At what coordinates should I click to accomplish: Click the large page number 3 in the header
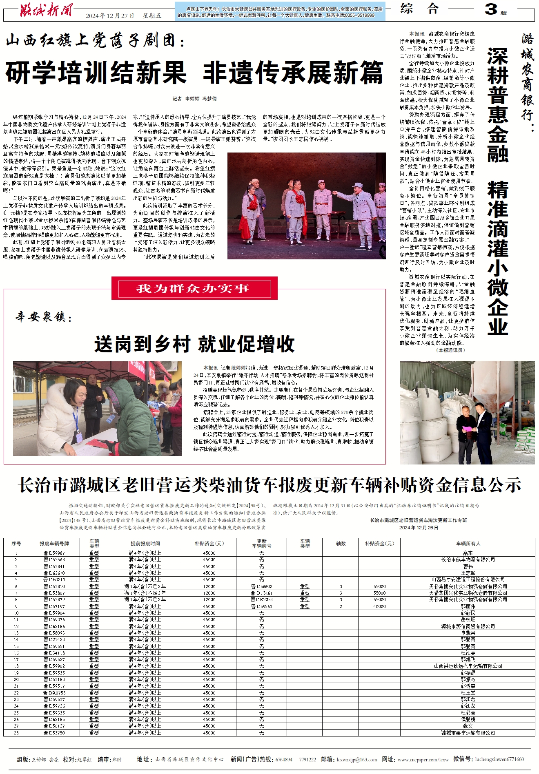tap(491, 9)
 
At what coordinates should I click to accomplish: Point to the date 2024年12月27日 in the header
tap(110, 16)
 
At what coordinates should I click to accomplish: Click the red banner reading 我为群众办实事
tap(194, 289)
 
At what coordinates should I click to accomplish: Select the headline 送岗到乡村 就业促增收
tap(194, 344)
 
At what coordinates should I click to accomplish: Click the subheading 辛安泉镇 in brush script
tap(44, 316)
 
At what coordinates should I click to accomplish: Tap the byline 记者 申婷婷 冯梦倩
tap(194, 99)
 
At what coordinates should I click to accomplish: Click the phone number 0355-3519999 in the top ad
tap(360, 15)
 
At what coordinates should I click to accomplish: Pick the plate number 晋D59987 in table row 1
tap(54, 553)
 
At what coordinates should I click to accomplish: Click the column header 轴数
tap(341, 544)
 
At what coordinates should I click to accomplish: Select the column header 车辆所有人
tap(468, 544)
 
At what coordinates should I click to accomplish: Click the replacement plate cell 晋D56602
tap(261, 586)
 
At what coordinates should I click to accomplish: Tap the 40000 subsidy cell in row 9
tap(379, 606)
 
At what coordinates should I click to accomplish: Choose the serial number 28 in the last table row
tap(16, 733)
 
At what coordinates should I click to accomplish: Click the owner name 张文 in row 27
tap(468, 726)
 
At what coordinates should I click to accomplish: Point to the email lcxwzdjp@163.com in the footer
tap(356, 759)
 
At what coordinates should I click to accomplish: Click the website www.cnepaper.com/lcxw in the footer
tap(423, 759)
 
